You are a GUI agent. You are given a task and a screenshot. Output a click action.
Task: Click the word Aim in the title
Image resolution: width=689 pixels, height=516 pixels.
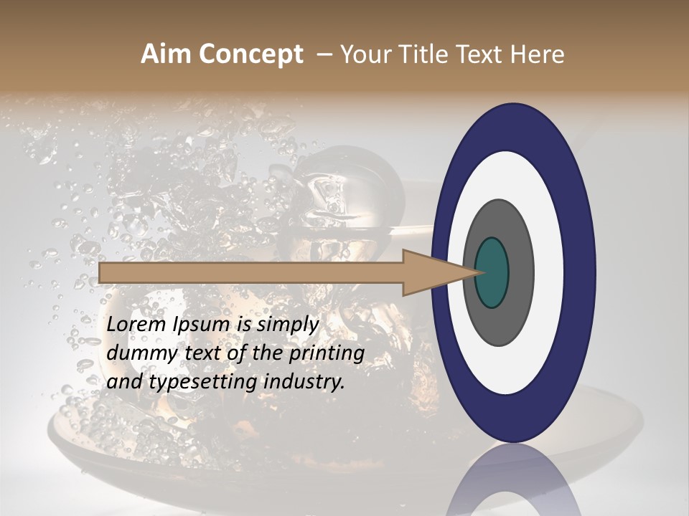point(167,54)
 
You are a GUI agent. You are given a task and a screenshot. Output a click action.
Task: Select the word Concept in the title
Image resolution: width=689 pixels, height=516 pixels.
point(251,55)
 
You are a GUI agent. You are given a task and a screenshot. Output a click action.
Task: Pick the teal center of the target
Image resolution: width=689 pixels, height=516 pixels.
point(492,272)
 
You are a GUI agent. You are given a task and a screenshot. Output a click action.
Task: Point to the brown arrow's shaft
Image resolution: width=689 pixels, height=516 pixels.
point(251,272)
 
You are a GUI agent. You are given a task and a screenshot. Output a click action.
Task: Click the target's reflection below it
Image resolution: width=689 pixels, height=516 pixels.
point(513,484)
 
